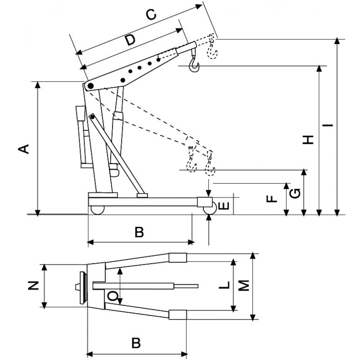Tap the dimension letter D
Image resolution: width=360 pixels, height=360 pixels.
click(x=130, y=40)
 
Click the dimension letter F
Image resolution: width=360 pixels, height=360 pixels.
click(x=270, y=198)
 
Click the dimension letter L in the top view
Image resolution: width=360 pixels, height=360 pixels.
click(x=226, y=284)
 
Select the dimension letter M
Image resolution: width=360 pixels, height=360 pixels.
click(x=243, y=285)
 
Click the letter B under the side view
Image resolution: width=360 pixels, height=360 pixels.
click(x=139, y=232)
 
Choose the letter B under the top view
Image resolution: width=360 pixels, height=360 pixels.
click(x=136, y=343)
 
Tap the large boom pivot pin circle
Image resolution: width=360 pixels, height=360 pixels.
click(x=90, y=86)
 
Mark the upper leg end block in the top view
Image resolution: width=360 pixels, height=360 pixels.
click(x=178, y=257)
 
